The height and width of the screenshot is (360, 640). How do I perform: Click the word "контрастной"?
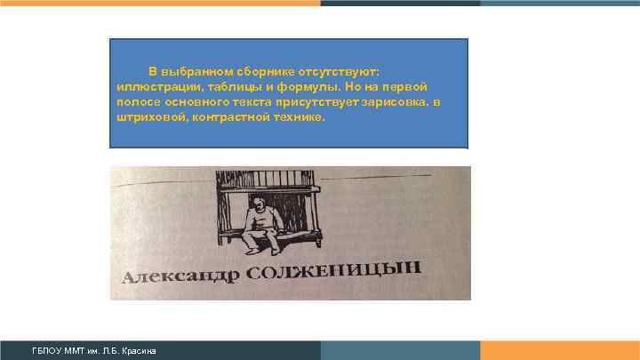click(221, 119)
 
